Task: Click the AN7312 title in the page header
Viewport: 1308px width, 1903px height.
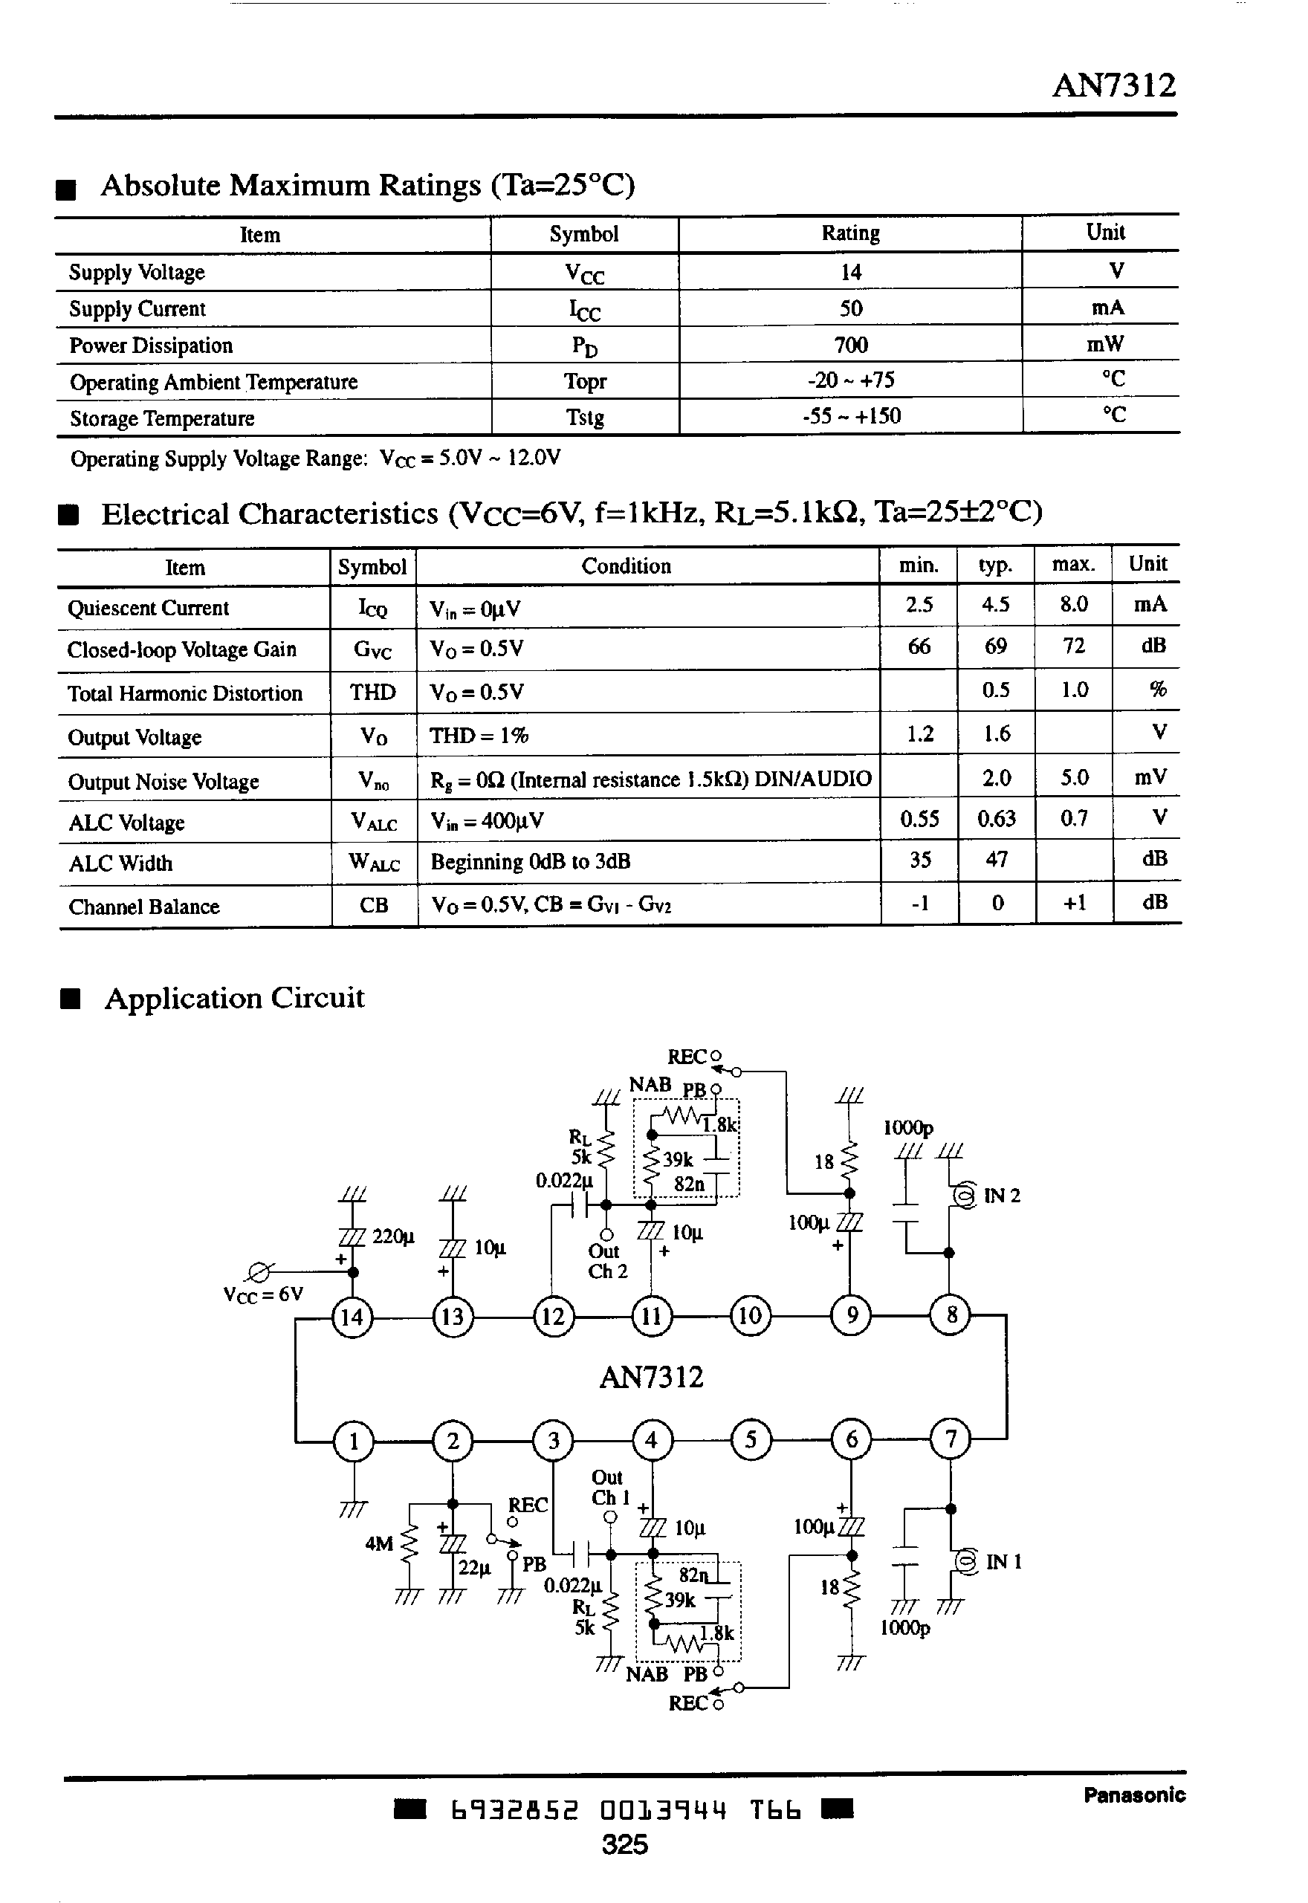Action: pyautogui.click(x=1113, y=85)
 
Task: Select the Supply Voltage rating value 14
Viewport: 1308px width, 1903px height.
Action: pyautogui.click(x=851, y=272)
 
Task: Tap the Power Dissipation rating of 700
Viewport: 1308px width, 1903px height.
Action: pyautogui.click(x=851, y=345)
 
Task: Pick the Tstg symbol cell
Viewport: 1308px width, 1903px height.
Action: pyautogui.click(x=584, y=418)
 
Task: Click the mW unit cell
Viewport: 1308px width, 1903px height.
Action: pyautogui.click(x=1105, y=344)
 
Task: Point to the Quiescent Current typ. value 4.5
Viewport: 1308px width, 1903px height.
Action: pyautogui.click(x=995, y=605)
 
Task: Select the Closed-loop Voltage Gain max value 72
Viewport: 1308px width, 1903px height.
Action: pyautogui.click(x=1074, y=646)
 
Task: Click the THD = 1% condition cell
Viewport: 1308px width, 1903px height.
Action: pyautogui.click(x=479, y=736)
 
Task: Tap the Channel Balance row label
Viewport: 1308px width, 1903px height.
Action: pyautogui.click(x=144, y=907)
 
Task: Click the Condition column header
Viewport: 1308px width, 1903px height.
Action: pyautogui.click(x=627, y=566)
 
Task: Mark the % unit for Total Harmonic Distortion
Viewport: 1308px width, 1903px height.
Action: pyautogui.click(x=1157, y=690)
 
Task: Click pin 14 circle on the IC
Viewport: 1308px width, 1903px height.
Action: pyautogui.click(x=352, y=1317)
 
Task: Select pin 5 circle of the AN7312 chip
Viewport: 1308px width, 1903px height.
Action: pyautogui.click(x=751, y=1440)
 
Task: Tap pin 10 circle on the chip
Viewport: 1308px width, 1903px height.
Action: pyautogui.click(x=751, y=1316)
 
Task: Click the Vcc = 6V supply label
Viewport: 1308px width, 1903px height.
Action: pyautogui.click(x=263, y=1294)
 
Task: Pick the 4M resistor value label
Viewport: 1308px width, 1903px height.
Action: pyautogui.click(x=378, y=1544)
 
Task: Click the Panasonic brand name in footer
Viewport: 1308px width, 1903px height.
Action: pyautogui.click(x=1134, y=1795)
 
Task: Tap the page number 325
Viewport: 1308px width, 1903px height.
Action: pyautogui.click(x=624, y=1845)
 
